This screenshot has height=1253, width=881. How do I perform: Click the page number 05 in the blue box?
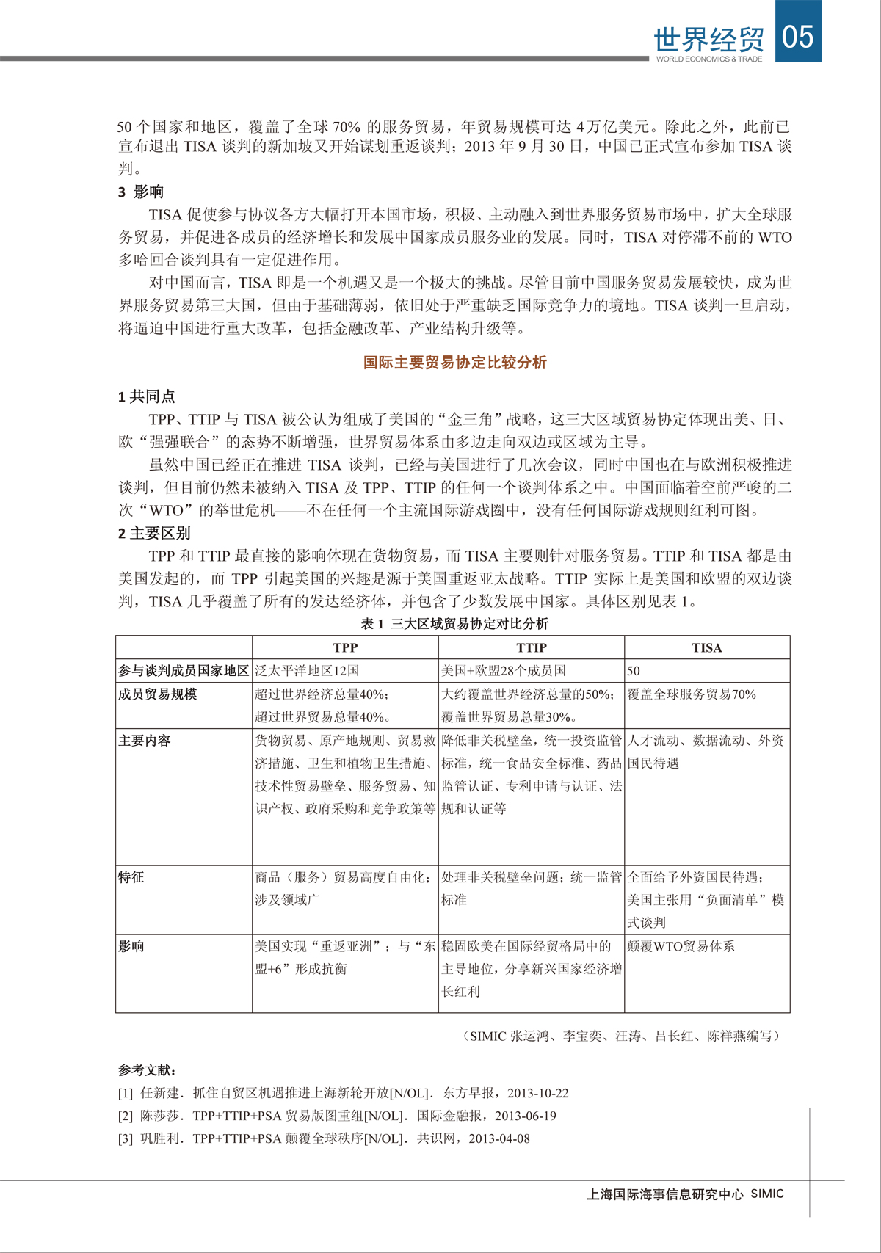(798, 34)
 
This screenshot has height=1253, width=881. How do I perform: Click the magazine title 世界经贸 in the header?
(708, 38)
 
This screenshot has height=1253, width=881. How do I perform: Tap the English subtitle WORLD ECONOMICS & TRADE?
(708, 59)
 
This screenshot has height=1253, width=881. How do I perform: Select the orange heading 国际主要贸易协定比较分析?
(455, 363)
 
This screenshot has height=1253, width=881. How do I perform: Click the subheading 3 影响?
(141, 192)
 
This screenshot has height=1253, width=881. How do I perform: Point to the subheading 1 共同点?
(147, 397)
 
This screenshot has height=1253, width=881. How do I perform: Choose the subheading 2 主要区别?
(154, 534)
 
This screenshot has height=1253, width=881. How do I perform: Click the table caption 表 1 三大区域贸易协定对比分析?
(454, 624)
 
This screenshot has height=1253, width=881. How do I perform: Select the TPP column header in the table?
(345, 647)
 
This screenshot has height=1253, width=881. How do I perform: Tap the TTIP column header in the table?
(531, 647)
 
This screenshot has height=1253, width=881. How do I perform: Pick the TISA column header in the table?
(706, 647)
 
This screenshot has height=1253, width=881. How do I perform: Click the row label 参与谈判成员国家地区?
(184, 671)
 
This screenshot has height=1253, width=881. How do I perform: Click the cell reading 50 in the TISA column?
(634, 671)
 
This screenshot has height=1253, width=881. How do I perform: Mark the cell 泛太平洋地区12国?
(307, 671)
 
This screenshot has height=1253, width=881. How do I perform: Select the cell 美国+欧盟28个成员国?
(504, 671)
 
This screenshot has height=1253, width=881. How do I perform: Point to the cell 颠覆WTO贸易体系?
(681, 947)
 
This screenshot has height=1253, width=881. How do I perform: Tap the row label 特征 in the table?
(131, 877)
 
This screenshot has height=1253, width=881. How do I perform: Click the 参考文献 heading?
(147, 1071)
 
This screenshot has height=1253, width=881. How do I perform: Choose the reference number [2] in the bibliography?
(126, 1116)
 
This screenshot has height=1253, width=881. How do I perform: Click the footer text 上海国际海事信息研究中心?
(665, 1194)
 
